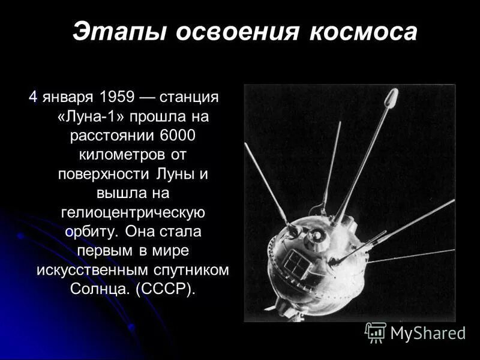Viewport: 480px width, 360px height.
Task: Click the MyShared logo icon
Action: pos(376,332)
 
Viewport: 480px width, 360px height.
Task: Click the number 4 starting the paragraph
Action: pos(34,97)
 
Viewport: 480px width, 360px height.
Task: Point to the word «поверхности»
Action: pos(98,173)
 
